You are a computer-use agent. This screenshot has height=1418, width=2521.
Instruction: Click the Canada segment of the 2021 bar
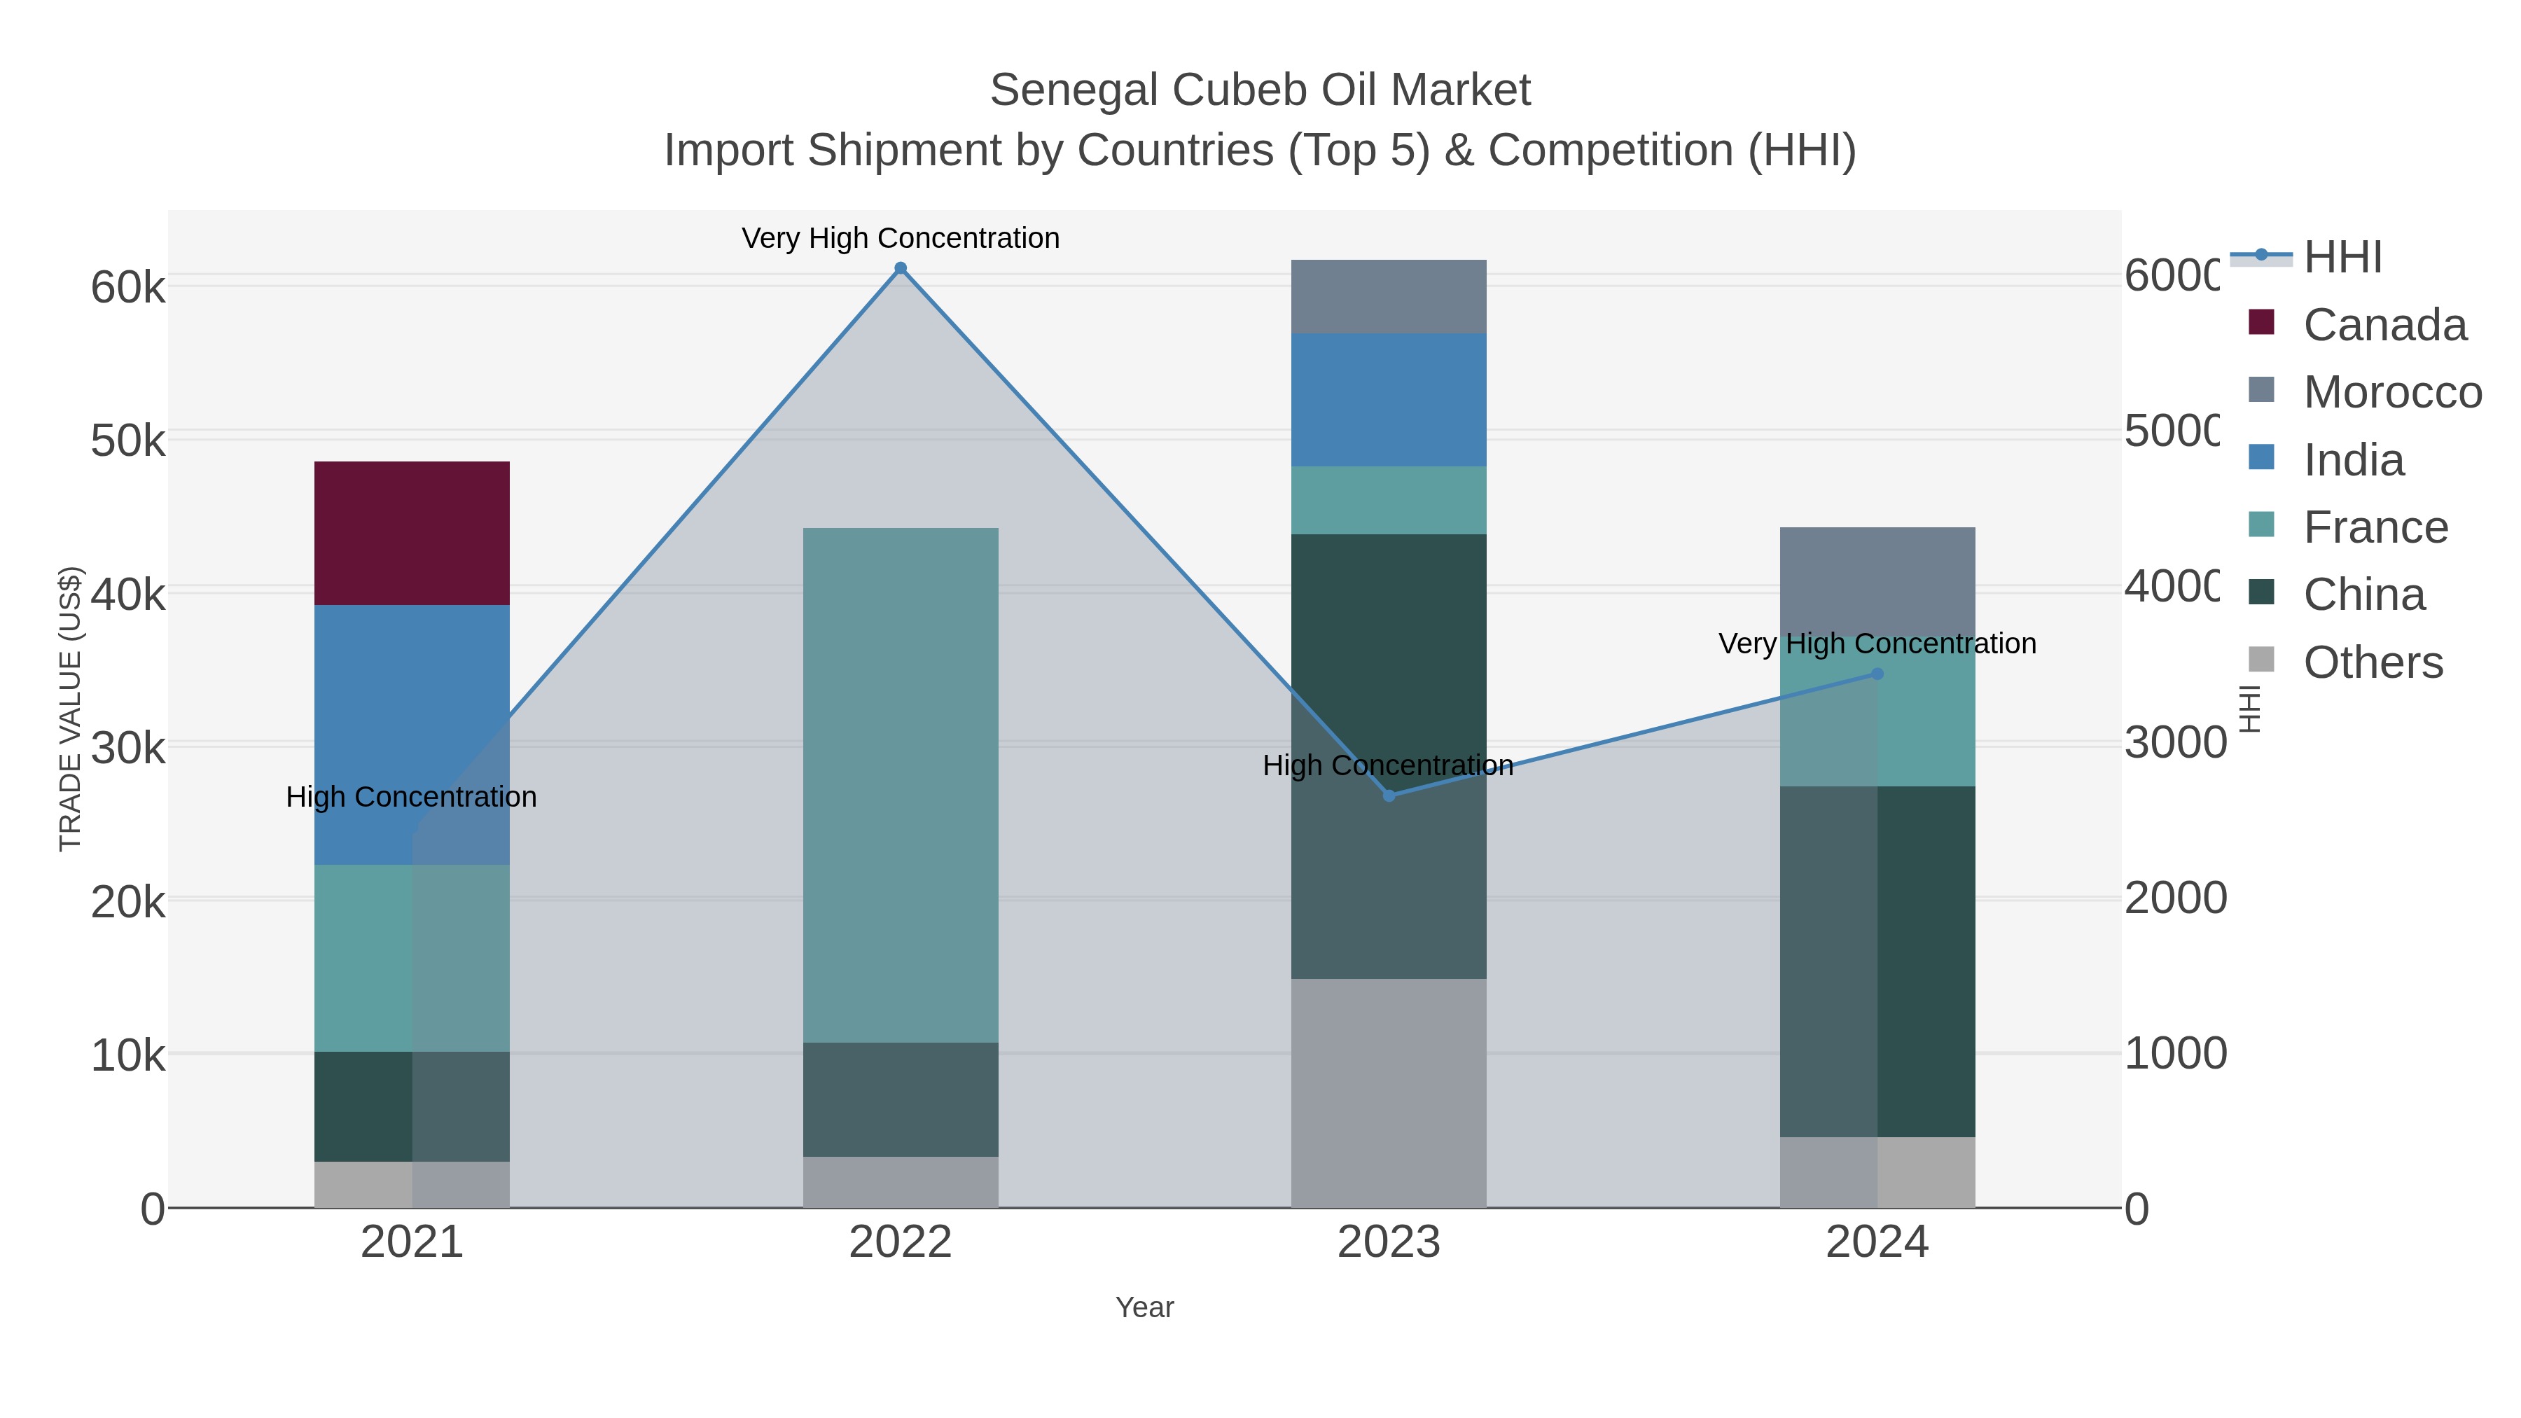click(x=411, y=534)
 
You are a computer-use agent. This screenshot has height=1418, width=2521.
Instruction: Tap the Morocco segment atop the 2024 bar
click(x=1877, y=578)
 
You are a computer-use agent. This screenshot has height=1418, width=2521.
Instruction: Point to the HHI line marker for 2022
click(x=901, y=268)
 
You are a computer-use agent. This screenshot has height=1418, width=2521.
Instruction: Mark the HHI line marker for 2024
click(x=1877, y=674)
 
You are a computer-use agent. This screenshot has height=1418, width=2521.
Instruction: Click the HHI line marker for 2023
click(x=1389, y=795)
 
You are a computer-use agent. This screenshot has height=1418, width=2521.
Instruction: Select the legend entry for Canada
click(x=2383, y=325)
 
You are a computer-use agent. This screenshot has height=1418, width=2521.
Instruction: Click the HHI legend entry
click(x=2341, y=258)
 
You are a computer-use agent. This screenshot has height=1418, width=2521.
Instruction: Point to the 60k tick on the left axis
click(x=128, y=288)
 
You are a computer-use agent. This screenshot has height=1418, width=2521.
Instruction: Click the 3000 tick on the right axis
click(x=2174, y=743)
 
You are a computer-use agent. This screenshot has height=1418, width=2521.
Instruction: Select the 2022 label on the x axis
click(x=901, y=1243)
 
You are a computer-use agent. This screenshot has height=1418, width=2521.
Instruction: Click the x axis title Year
click(x=1144, y=1307)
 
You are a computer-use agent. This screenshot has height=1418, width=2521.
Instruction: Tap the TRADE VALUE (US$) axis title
click(x=71, y=709)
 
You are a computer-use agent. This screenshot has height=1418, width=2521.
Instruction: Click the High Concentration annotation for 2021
click(x=411, y=797)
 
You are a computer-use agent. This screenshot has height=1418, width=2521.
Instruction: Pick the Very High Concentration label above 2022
click(x=901, y=238)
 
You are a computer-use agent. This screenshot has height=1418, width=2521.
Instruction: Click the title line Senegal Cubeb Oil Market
click(x=1260, y=90)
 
